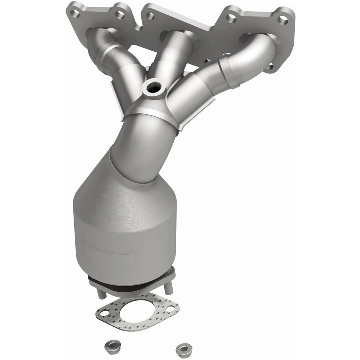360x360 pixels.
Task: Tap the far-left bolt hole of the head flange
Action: tap(75, 14)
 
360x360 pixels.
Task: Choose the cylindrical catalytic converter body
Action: tap(124, 232)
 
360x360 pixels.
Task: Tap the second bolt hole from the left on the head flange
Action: tap(120, 15)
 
